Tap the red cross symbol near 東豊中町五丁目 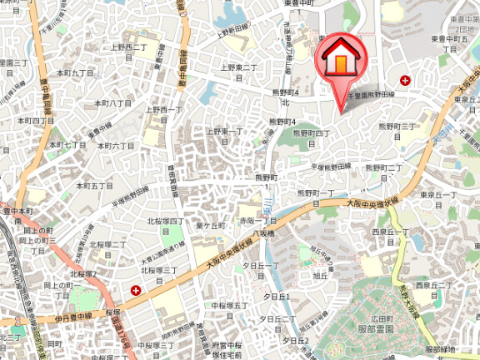tap(405, 80)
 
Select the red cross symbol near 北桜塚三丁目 tap(135, 290)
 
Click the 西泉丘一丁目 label tap(389, 235)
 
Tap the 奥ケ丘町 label tap(210, 226)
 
